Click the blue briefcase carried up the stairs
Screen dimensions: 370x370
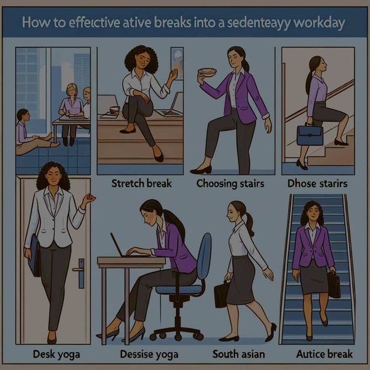click(310, 136)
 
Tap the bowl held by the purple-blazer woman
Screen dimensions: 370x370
click(207, 72)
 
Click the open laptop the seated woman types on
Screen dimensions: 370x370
click(120, 247)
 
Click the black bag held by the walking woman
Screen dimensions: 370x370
click(221, 294)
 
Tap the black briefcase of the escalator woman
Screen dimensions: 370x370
click(334, 284)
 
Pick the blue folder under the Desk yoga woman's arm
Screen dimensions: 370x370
click(32, 253)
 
